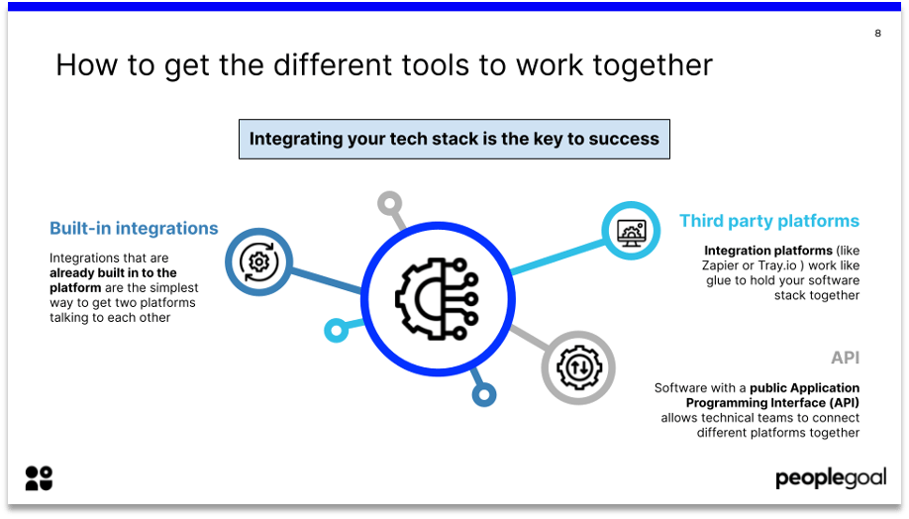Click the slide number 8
point(877,34)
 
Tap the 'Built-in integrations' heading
point(134,229)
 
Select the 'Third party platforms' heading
point(769,221)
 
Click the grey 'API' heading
point(845,358)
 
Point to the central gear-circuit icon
point(437,298)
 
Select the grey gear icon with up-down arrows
point(578,367)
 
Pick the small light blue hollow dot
point(337,329)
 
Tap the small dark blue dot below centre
point(483,395)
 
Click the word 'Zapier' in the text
point(719,265)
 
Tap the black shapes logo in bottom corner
point(39,477)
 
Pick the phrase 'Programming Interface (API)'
point(772,403)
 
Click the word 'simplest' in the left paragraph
point(177,287)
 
